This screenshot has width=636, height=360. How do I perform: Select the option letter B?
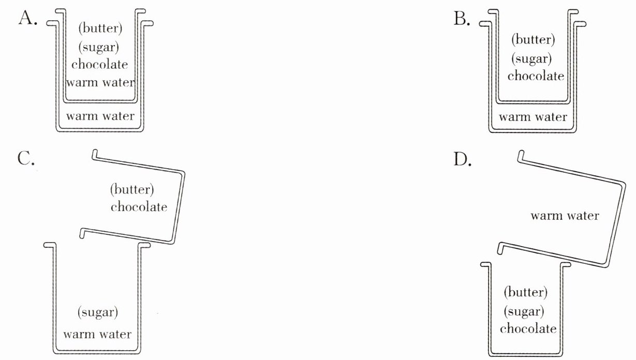(x=462, y=19)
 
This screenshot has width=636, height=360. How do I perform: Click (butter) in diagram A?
(x=100, y=28)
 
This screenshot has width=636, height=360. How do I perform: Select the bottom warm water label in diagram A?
(x=100, y=115)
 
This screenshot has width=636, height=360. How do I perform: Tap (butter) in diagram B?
(x=533, y=40)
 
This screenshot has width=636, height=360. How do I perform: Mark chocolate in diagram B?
(x=536, y=76)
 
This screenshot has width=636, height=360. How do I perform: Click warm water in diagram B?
(x=533, y=117)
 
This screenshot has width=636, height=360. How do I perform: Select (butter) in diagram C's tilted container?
(x=132, y=189)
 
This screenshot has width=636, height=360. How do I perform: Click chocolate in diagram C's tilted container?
(x=139, y=207)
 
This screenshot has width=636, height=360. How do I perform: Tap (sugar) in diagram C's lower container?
(x=98, y=312)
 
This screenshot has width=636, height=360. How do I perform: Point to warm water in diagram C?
(x=97, y=334)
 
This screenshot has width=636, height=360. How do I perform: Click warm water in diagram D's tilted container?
(x=565, y=216)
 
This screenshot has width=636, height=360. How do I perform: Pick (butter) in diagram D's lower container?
(x=525, y=293)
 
